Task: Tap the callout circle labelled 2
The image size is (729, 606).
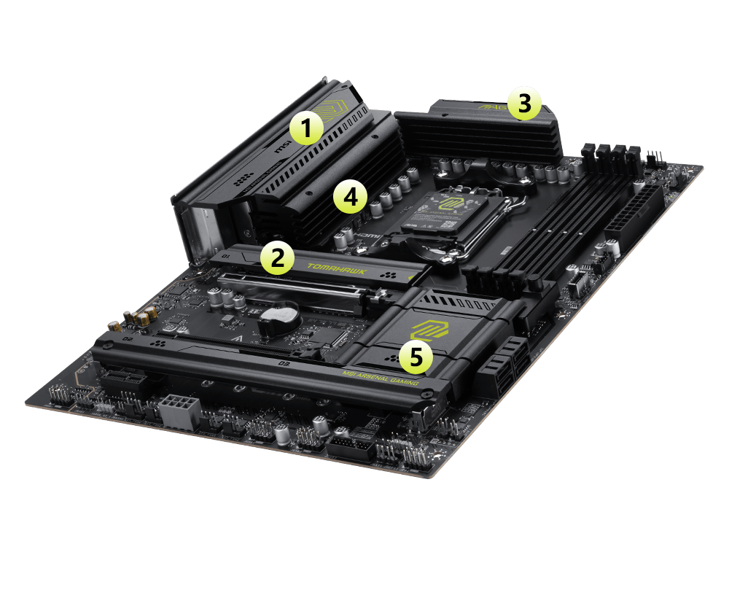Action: click(x=276, y=257)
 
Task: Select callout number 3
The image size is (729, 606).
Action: click(x=524, y=104)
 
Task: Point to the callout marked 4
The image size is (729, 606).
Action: click(x=350, y=197)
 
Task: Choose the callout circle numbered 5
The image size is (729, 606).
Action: click(x=415, y=357)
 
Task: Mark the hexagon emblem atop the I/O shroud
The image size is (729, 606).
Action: click(x=334, y=109)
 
